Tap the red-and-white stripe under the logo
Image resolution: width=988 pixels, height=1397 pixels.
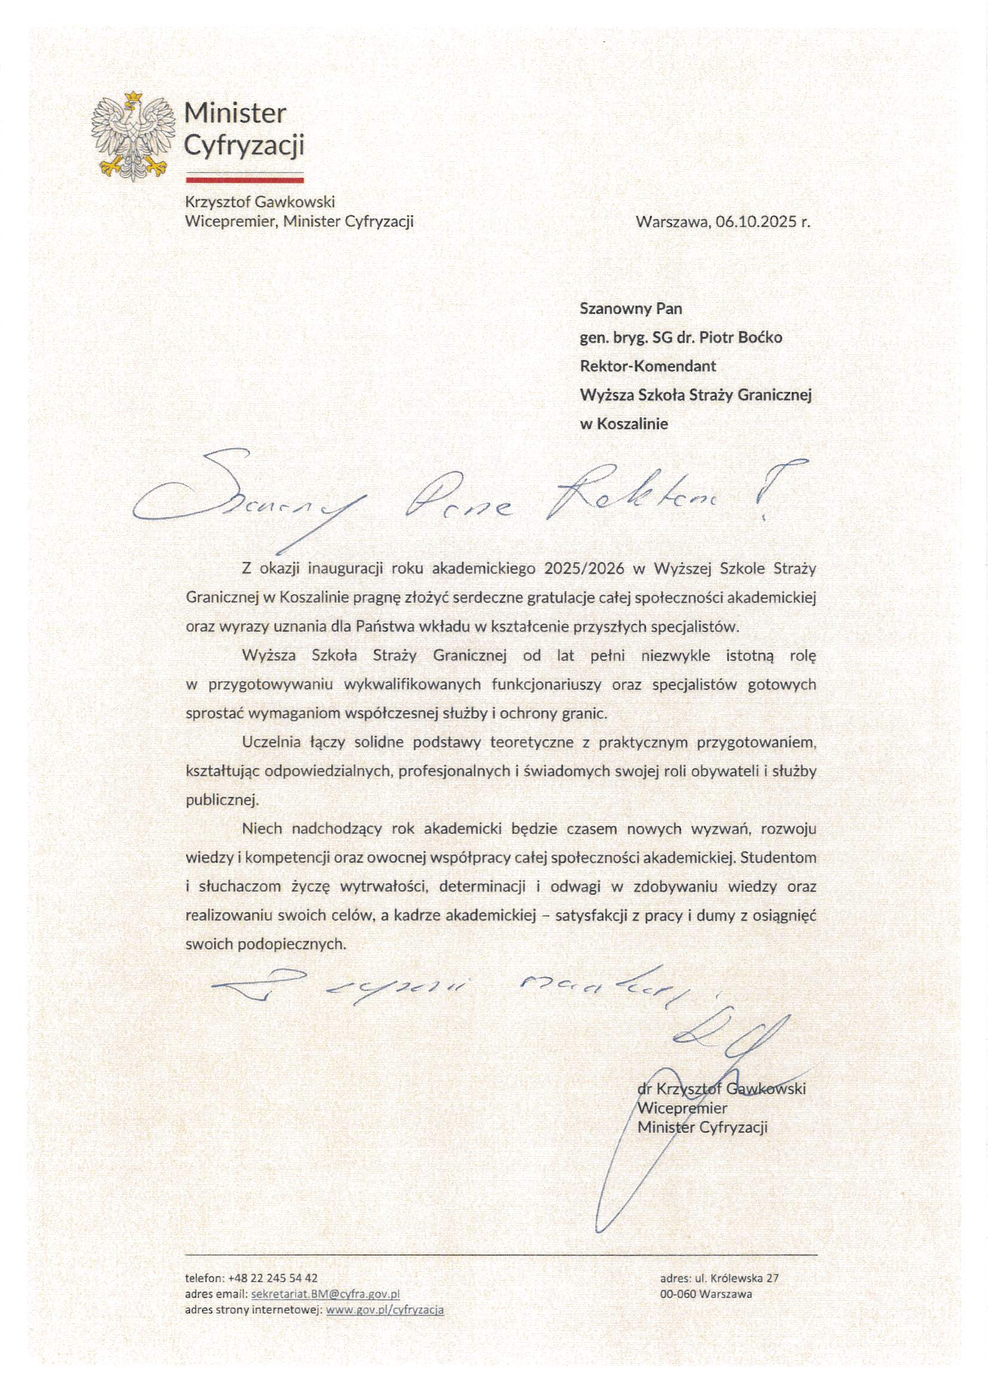point(244,178)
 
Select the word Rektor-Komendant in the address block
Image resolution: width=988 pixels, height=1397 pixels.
point(648,366)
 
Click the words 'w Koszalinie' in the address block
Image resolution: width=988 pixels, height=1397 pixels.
point(624,424)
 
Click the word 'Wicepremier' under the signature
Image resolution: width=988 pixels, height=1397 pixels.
point(682,1108)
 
